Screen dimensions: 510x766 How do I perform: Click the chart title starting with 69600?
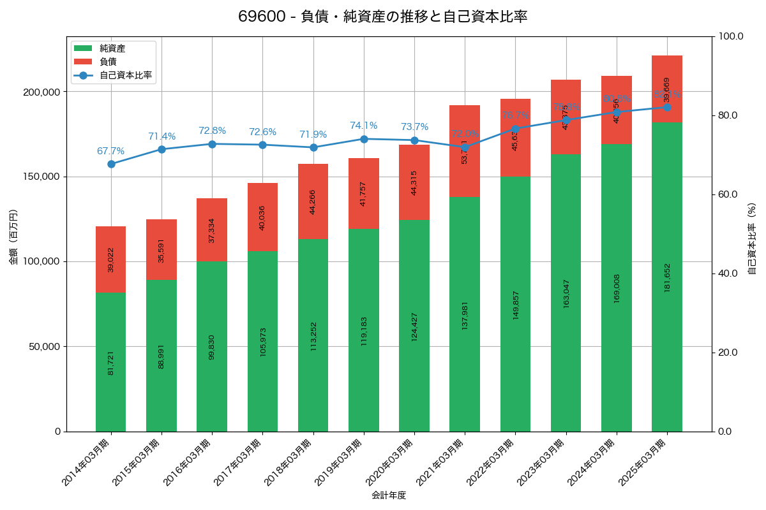(382, 17)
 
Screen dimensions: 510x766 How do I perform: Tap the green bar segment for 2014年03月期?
(111, 362)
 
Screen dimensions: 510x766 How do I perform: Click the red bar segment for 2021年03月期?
(465, 151)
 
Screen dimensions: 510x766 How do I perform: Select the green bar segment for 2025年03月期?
(666, 277)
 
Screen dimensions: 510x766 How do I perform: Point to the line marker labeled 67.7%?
(111, 164)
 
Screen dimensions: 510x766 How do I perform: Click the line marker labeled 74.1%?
(364, 139)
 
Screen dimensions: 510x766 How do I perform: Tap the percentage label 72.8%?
(212, 131)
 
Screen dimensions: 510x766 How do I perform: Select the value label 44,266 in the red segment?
(313, 201)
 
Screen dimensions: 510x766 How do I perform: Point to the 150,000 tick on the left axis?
(43, 177)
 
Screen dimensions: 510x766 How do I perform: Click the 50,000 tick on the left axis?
(45, 347)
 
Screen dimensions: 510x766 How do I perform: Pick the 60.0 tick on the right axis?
(728, 194)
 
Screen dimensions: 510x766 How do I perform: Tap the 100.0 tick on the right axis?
(731, 36)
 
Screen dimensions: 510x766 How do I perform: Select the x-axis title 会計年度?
(389, 495)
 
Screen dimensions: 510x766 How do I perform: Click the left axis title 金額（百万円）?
(13, 237)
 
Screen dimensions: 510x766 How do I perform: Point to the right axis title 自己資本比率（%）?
(752, 238)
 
